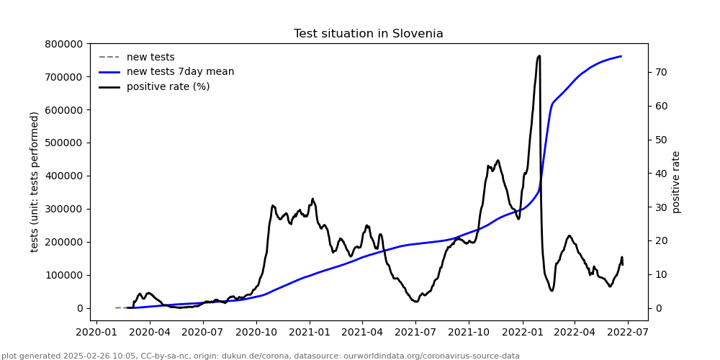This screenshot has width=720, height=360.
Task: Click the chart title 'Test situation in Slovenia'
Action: point(368,34)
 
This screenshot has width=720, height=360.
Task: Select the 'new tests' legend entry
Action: point(150,58)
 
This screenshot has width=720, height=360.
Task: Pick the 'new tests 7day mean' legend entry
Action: point(180,72)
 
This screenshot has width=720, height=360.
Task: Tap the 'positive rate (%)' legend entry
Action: point(168,87)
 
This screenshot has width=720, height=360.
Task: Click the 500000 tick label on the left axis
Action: point(63,143)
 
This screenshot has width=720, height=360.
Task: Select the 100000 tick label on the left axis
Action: point(63,275)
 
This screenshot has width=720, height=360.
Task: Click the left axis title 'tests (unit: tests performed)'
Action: point(35,181)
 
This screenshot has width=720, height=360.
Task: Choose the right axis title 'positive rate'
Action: point(676,181)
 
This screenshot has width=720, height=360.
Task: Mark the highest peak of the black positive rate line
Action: point(539,55)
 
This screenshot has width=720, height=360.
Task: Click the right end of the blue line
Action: point(621,56)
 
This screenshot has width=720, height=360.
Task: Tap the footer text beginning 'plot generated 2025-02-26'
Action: point(261,356)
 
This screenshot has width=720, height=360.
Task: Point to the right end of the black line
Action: point(623,264)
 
